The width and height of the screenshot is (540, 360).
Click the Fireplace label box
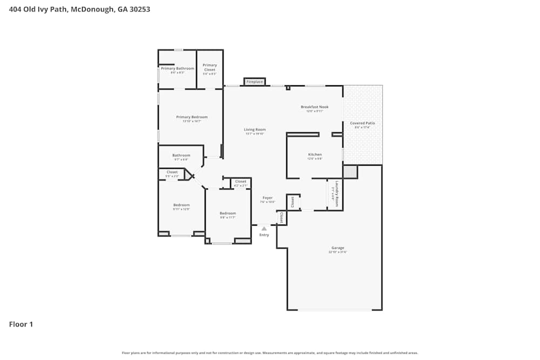coord(254,81)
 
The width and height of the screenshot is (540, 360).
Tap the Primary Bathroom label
coord(177,69)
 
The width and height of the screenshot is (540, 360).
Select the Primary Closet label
coord(210,67)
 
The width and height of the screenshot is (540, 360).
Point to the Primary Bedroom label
coord(192,117)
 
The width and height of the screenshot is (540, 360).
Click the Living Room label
coord(255,130)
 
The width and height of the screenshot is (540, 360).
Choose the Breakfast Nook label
coord(314,107)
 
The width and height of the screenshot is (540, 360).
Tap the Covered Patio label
coord(362,123)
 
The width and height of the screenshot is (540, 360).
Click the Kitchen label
coord(315,154)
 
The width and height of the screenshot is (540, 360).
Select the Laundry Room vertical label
coord(336,194)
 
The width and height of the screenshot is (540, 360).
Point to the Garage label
coord(337,248)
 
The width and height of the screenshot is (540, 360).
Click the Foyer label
coord(267,198)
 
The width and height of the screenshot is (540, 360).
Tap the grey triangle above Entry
coord(264,229)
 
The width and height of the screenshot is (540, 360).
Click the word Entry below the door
coord(264,235)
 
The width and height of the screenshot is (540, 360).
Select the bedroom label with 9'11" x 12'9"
coord(181,205)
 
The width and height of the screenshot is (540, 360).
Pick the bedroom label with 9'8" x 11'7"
coord(228,213)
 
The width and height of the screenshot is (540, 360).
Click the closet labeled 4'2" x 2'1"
coord(240,182)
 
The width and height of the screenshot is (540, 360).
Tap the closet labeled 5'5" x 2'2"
coord(172,172)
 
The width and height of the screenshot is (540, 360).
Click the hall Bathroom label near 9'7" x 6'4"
coord(181,155)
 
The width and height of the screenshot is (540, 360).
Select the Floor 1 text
coord(21,324)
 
